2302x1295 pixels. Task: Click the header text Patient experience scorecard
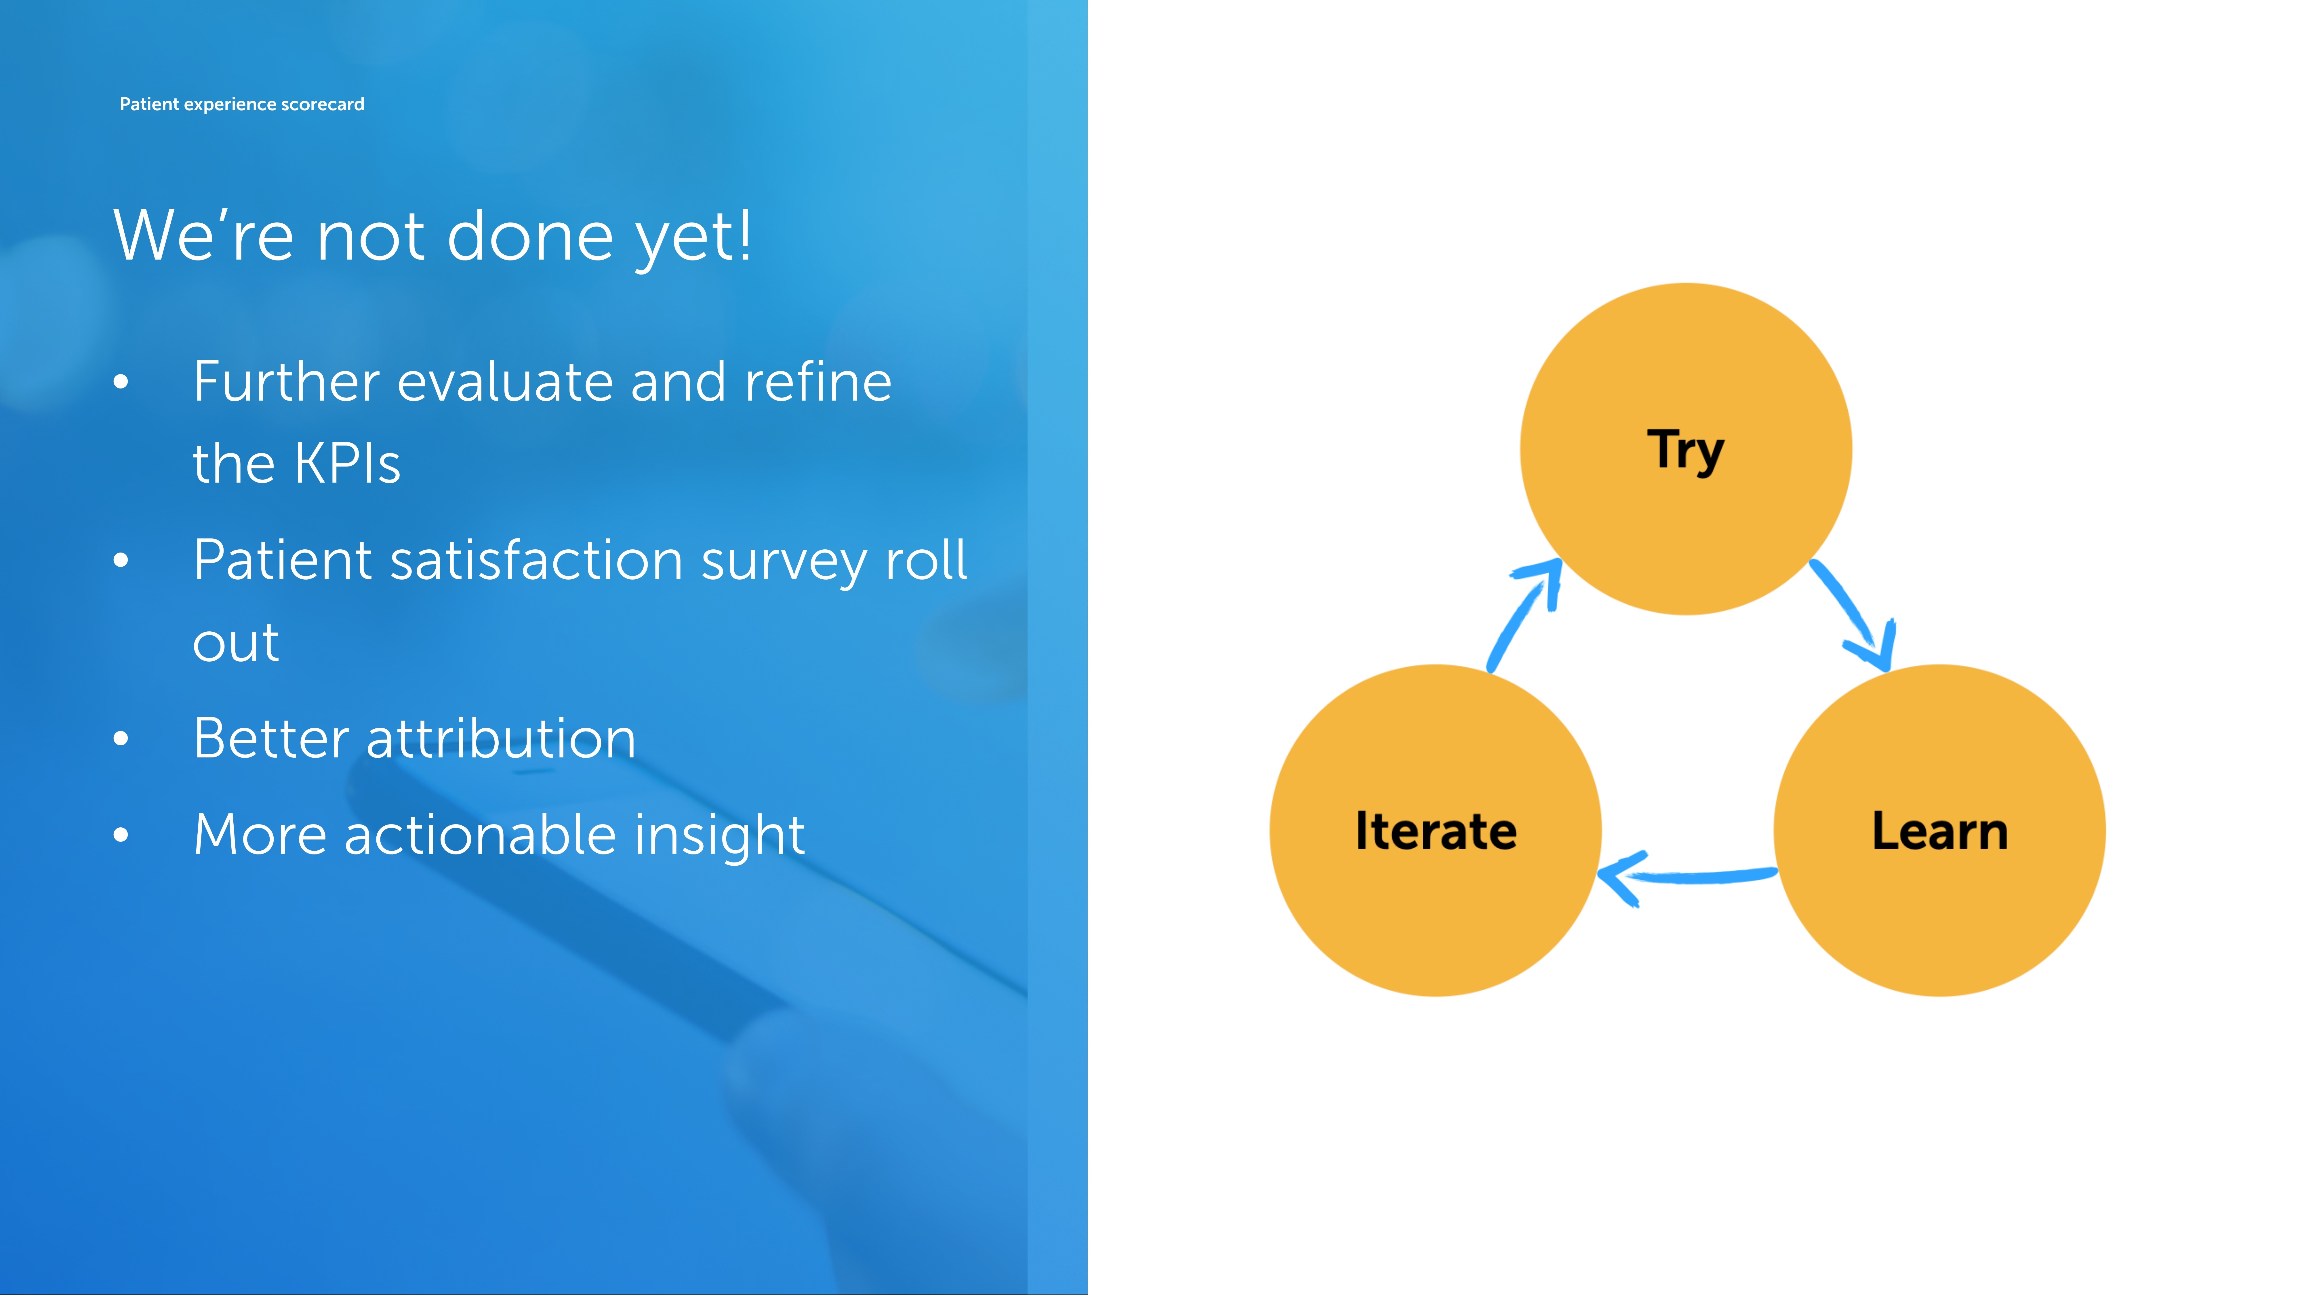coord(242,104)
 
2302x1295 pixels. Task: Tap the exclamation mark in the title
coord(744,235)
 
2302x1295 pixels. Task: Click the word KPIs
coord(348,464)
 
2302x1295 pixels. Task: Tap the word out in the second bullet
coord(236,643)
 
